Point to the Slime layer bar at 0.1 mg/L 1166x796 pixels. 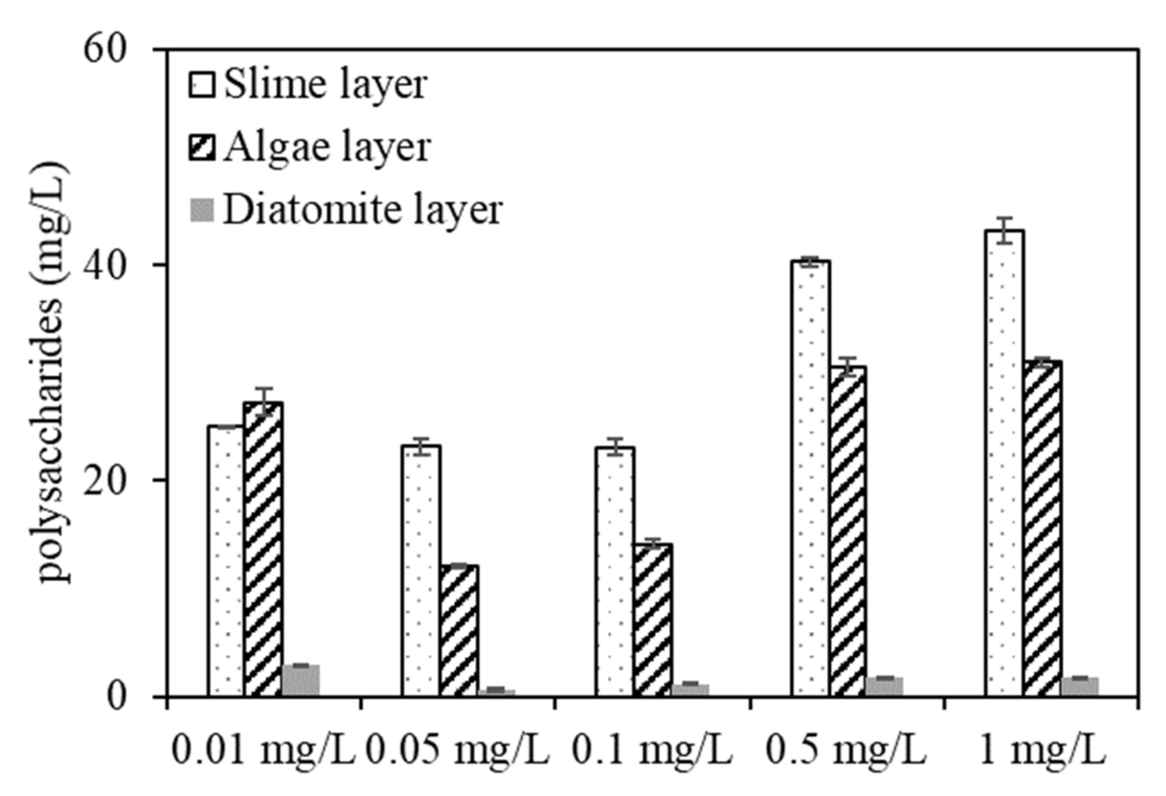pos(614,572)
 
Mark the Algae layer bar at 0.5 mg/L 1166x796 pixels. pos(847,531)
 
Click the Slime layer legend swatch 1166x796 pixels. pos(201,85)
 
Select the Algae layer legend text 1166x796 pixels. pos(327,148)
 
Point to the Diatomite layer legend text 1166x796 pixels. pos(363,210)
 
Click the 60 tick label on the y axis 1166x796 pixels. pos(104,50)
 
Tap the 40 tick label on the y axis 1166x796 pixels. pos(104,265)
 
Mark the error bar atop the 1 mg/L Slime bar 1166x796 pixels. pos(1004,231)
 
